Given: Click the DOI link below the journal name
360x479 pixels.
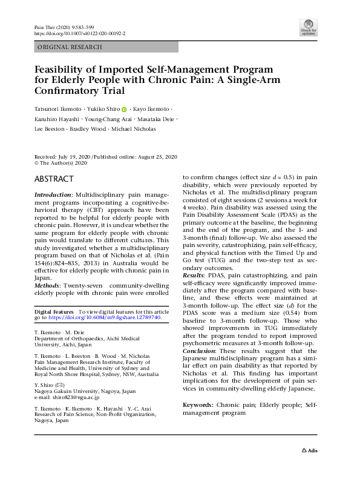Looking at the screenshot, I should tap(79, 34).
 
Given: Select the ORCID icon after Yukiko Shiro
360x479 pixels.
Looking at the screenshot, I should tap(124, 110).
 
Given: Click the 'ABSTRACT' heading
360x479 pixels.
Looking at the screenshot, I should tap(54, 179).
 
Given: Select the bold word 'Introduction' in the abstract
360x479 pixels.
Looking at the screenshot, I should tap(52, 194).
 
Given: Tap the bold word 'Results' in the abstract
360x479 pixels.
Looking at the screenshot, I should tap(194, 276).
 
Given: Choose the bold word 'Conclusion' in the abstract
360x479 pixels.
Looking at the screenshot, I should tap(200, 351).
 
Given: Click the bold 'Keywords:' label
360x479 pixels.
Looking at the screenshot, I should tap(197, 404).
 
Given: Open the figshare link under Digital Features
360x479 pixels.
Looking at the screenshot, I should tap(105, 317).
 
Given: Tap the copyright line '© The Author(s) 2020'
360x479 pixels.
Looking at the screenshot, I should tap(61, 163).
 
